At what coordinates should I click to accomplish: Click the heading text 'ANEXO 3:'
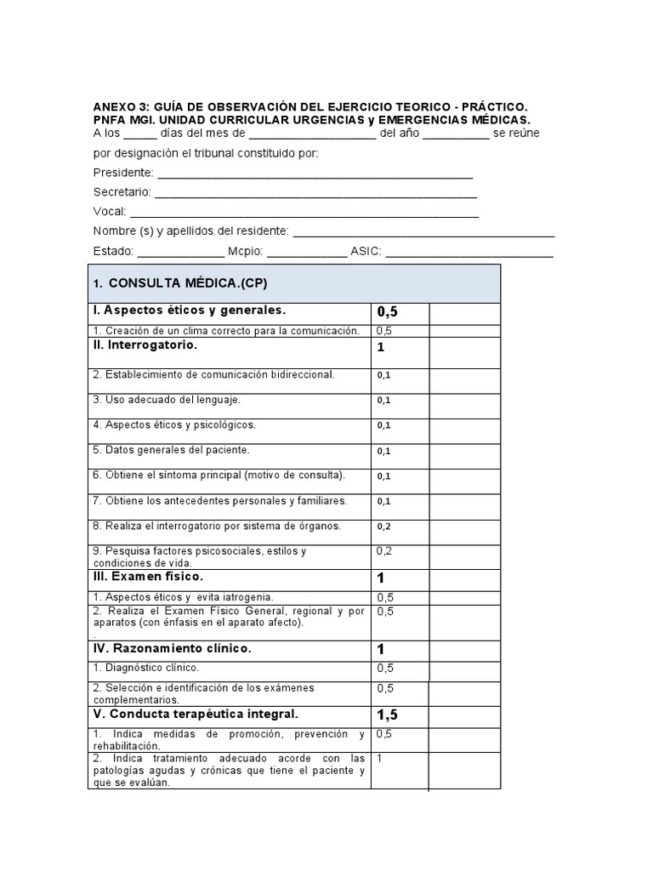click(x=118, y=106)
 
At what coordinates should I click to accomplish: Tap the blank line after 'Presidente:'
click(x=315, y=174)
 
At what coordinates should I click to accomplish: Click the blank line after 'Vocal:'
click(x=304, y=214)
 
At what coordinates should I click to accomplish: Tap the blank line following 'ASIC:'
click(x=469, y=253)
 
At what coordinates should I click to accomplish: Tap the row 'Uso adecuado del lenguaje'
click(x=168, y=399)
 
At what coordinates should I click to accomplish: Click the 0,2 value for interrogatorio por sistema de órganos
click(x=383, y=527)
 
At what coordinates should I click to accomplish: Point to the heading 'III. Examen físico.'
click(x=148, y=578)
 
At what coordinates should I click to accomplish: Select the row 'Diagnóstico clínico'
click(x=145, y=669)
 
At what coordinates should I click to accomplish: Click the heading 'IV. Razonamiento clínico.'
click(x=172, y=648)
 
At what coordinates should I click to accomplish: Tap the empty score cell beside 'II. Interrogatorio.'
click(x=464, y=351)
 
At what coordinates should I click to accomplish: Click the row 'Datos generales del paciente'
click(x=171, y=450)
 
